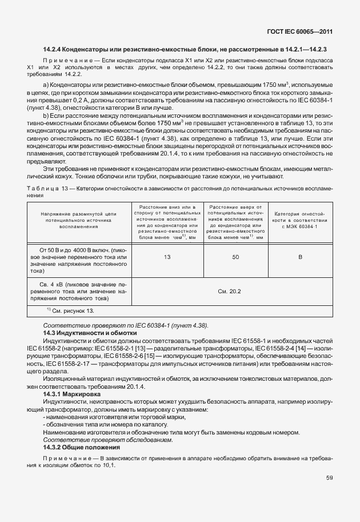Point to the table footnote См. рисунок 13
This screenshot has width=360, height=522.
70,311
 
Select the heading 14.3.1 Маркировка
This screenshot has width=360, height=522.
73,394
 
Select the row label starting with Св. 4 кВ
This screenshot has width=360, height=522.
79,291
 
